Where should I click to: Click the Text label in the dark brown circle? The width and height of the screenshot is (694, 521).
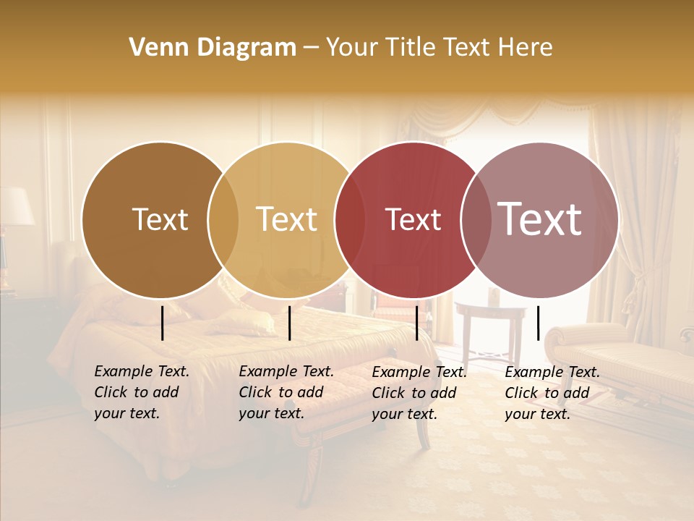(160, 219)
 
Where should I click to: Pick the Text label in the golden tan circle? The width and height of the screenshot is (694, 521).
(287, 219)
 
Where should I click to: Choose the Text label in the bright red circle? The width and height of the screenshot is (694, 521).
(413, 219)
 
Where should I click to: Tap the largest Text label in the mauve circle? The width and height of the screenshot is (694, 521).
(540, 219)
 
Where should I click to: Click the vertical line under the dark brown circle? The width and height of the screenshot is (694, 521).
(163, 323)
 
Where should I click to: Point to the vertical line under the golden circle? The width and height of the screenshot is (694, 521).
(289, 323)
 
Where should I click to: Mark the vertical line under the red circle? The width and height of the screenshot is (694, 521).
(417, 323)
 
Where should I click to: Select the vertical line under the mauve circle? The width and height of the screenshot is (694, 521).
(539, 323)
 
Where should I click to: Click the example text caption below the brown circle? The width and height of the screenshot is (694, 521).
(142, 392)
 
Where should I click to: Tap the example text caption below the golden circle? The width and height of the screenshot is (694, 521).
(286, 392)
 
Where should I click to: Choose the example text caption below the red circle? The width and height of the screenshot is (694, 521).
(419, 393)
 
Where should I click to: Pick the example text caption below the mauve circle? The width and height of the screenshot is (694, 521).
(552, 393)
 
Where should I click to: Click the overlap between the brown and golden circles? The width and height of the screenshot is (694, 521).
(223, 219)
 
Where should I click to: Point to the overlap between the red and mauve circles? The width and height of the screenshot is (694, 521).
(476, 219)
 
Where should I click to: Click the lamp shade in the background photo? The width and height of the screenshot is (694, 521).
(16, 206)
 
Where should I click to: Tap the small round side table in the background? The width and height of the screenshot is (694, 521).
(492, 313)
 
